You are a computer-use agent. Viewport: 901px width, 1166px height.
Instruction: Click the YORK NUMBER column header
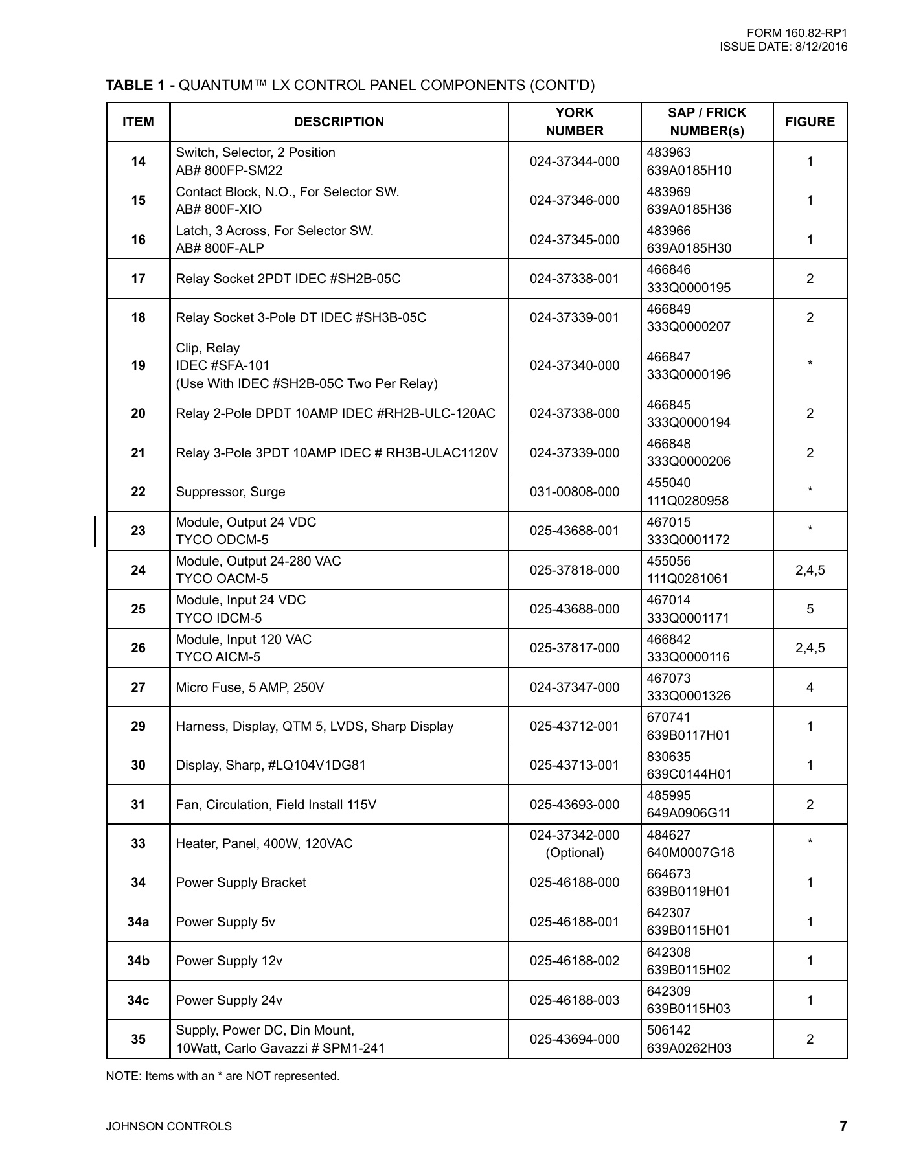pyautogui.click(x=574, y=122)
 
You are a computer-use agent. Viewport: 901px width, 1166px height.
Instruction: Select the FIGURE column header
pyautogui.click(x=810, y=122)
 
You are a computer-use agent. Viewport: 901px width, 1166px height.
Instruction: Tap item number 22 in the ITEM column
pyautogui.click(x=138, y=492)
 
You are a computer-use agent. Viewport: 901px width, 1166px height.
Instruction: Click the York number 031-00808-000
pyautogui.click(x=574, y=492)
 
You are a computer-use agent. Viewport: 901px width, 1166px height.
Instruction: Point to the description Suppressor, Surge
pyautogui.click(x=231, y=492)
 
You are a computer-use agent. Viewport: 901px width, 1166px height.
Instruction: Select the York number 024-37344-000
pyautogui.click(x=574, y=161)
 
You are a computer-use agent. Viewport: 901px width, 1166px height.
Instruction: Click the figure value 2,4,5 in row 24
pyautogui.click(x=810, y=570)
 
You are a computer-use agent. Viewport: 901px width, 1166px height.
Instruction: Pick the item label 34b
pyautogui.click(x=138, y=961)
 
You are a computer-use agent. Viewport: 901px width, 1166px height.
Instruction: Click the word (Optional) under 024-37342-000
pyautogui.click(x=574, y=852)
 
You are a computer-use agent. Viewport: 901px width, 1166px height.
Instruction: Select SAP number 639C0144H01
pyautogui.click(x=689, y=774)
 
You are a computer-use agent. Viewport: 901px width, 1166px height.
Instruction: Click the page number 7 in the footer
pyautogui.click(x=843, y=1126)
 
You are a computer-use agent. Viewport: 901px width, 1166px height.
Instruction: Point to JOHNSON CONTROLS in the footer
pyautogui.click(x=169, y=1126)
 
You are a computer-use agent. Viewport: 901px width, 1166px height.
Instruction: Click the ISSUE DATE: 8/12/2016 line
pyautogui.click(x=783, y=47)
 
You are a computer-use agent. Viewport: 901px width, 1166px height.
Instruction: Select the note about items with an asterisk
pyautogui.click(x=223, y=1076)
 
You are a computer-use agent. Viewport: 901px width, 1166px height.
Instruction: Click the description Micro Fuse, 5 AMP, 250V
pyautogui.click(x=250, y=687)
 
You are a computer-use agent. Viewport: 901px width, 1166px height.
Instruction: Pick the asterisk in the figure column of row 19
pyautogui.click(x=810, y=364)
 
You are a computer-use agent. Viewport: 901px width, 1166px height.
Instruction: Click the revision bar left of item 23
pyautogui.click(x=95, y=531)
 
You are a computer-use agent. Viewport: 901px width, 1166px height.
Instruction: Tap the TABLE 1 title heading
pyautogui.click(x=350, y=85)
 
